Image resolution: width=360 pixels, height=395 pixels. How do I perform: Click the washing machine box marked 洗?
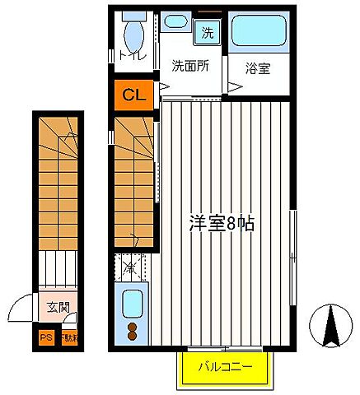tap(206, 33)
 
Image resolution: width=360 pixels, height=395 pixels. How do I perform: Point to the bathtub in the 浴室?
tap(259, 31)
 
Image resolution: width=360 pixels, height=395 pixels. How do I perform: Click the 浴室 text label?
tap(259, 69)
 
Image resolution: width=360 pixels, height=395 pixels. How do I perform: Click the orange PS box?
tap(44, 337)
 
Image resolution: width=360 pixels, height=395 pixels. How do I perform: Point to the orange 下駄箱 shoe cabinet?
tap(66, 337)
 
